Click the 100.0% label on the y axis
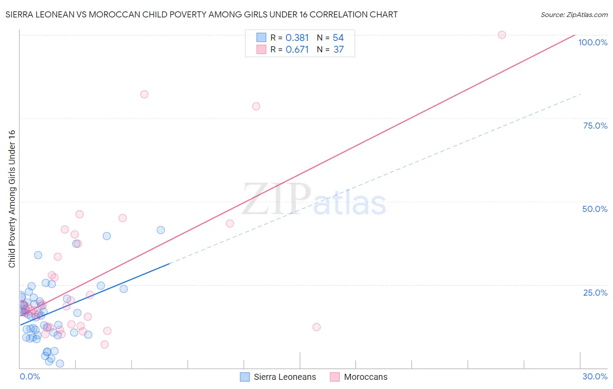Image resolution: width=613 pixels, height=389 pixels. pyautogui.click(x=593, y=42)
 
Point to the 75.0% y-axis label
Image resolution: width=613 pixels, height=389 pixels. pyautogui.click(x=595, y=126)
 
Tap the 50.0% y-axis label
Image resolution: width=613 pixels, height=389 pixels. pyautogui.click(x=595, y=209)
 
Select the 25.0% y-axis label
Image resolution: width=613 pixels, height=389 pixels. pyautogui.click(x=595, y=292)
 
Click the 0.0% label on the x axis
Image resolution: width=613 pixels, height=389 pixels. pyautogui.click(x=30, y=376)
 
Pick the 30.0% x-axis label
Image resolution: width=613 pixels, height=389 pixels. pyautogui.click(x=595, y=376)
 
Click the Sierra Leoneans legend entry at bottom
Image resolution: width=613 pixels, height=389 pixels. pyautogui.click(x=285, y=377)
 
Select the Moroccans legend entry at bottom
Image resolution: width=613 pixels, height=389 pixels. pyautogui.click(x=365, y=377)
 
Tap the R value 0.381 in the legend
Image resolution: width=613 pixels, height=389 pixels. pyautogui.click(x=297, y=38)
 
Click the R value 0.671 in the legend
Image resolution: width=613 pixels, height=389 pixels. pyautogui.click(x=297, y=50)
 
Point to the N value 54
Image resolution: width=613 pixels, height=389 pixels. pyautogui.click(x=338, y=38)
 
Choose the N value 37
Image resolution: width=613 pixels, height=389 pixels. pyautogui.click(x=339, y=50)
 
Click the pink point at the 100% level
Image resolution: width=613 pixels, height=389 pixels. pyautogui.click(x=502, y=35)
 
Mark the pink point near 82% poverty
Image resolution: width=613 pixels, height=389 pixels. pyautogui.click(x=144, y=94)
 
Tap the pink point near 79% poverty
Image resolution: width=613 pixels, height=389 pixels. pyautogui.click(x=256, y=106)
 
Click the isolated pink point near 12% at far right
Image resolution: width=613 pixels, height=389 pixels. pyautogui.click(x=317, y=327)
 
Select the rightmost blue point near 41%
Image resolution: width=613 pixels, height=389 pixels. pyautogui.click(x=160, y=230)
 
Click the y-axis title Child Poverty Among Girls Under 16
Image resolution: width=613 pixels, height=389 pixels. pyautogui.click(x=12, y=199)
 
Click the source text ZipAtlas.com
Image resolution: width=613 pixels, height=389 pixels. pyautogui.click(x=574, y=15)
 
